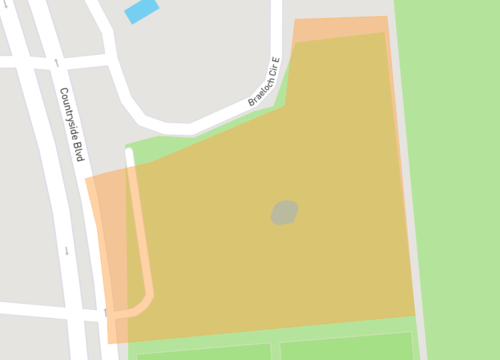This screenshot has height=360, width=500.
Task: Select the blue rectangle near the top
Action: click(x=141, y=12)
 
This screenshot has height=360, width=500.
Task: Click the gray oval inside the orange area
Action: click(x=285, y=212)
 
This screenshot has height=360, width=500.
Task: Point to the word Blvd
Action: click(x=77, y=149)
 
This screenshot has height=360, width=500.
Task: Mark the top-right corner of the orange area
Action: click(x=387, y=17)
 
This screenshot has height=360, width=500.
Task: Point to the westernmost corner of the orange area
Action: click(x=86, y=180)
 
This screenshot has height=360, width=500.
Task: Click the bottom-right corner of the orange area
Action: click(x=415, y=316)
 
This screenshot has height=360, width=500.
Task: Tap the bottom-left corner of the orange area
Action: click(x=108, y=343)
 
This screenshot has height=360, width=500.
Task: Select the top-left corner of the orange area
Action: click(x=295, y=19)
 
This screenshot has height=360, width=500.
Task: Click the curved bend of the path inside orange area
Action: click(x=147, y=302)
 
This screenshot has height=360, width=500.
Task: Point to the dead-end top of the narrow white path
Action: click(x=129, y=152)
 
